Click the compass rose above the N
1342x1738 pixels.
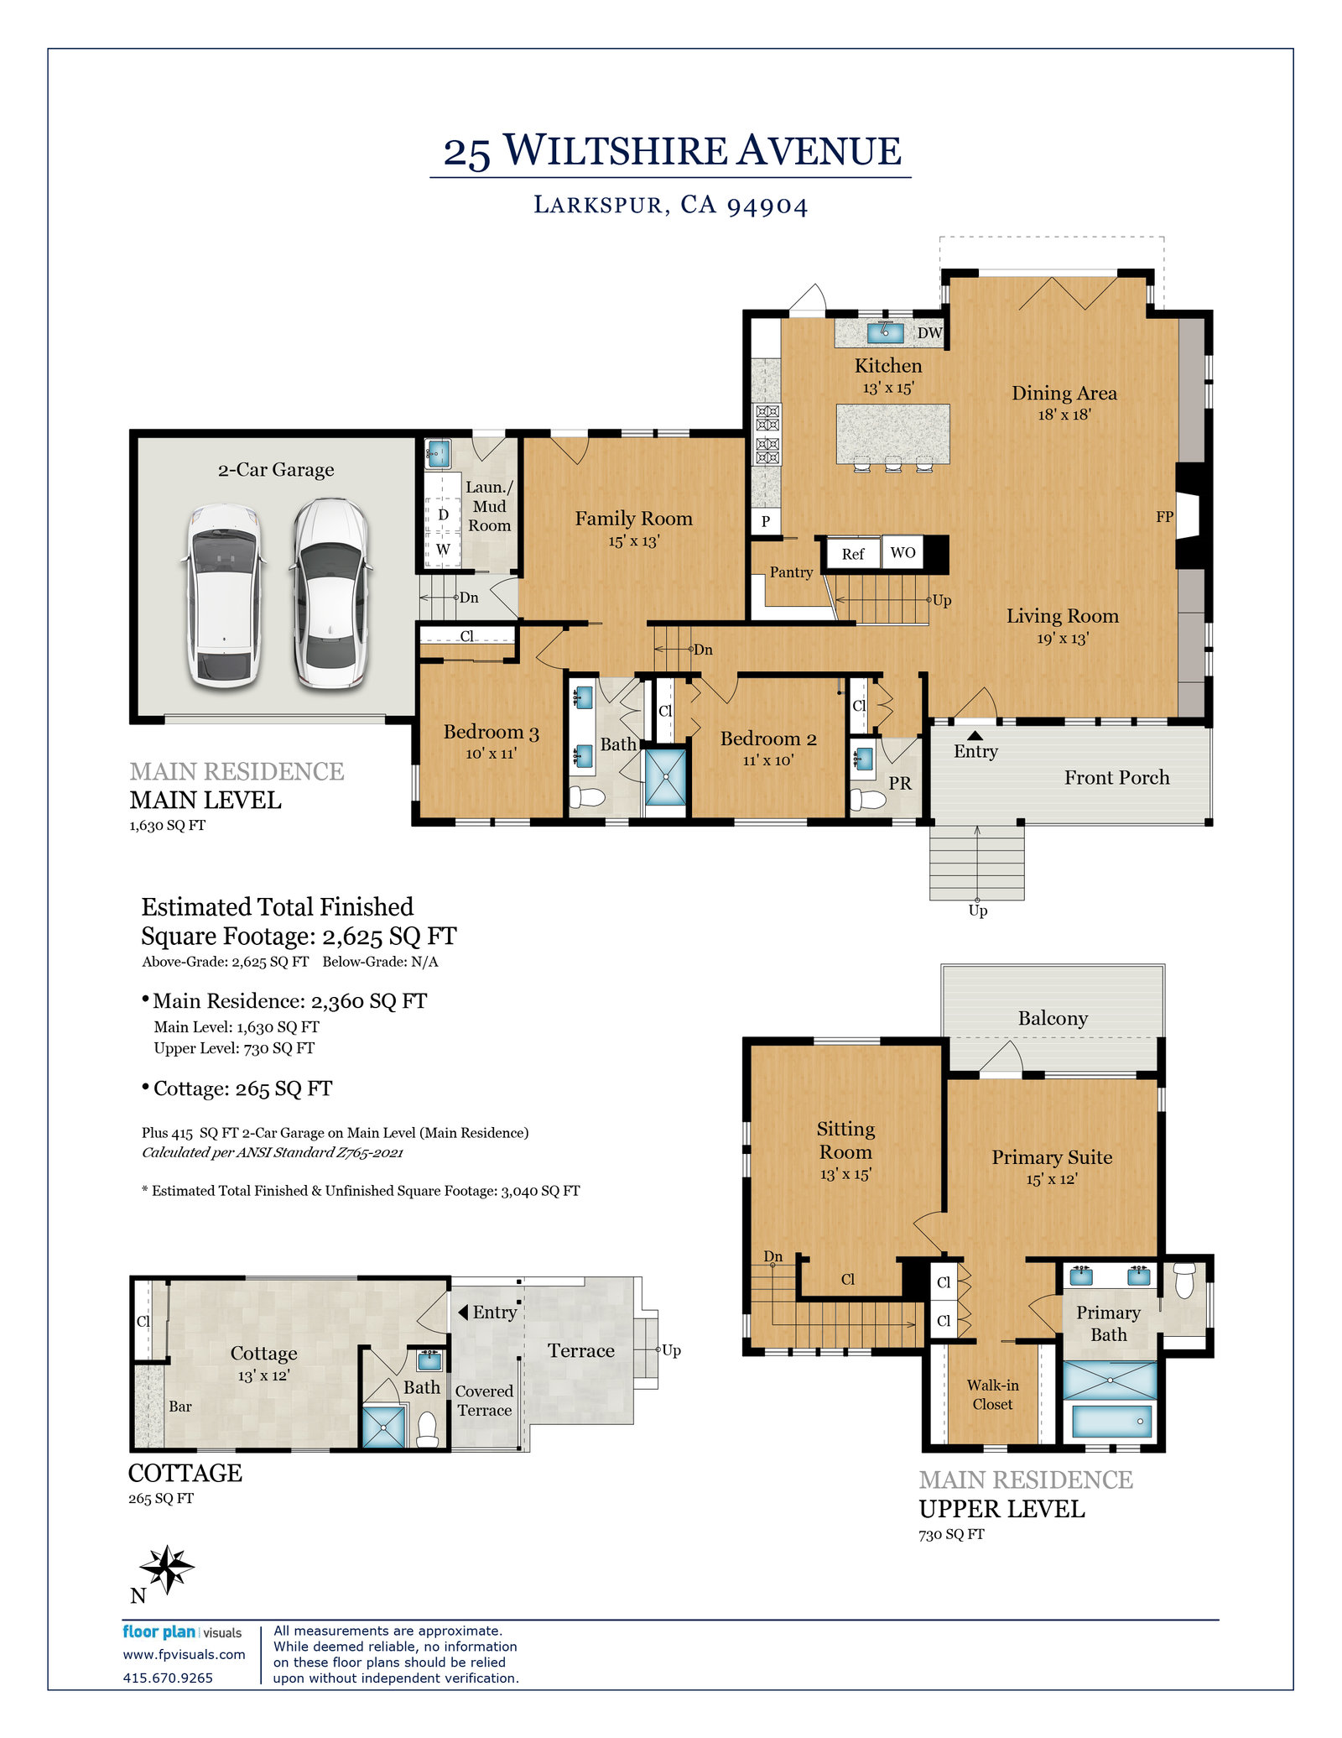(167, 1568)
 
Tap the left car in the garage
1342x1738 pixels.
(223, 594)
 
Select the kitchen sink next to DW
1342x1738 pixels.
(885, 331)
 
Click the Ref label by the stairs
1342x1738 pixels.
(852, 554)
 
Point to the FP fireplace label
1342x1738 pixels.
(1164, 517)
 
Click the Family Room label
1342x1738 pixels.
(633, 519)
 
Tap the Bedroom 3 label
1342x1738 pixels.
(491, 732)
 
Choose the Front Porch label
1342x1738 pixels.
(1116, 777)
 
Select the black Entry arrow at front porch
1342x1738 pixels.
(975, 736)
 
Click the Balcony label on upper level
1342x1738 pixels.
(1053, 1018)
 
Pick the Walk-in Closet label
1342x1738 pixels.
(992, 1395)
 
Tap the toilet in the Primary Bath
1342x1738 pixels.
(1183, 1281)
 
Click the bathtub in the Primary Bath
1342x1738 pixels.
(1111, 1422)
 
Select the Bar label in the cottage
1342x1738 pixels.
(180, 1407)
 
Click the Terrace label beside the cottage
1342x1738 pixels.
(580, 1350)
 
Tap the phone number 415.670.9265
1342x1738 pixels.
(168, 1678)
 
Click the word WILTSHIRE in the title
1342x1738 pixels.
(616, 151)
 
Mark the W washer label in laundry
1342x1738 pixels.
(443, 550)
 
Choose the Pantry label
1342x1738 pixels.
(791, 572)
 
